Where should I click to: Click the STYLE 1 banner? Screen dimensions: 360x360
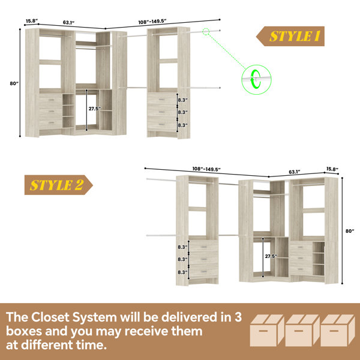pos(290,36)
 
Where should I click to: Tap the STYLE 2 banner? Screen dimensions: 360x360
pos(59,185)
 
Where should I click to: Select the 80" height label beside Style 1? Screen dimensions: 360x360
pos(14,83)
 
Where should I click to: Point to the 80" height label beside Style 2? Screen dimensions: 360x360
pos(350,231)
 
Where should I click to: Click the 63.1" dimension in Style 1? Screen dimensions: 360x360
pos(68,23)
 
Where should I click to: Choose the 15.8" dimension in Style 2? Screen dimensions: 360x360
pos(332,169)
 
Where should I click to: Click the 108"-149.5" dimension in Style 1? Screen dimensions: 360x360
pos(152,22)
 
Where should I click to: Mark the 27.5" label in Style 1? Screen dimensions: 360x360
pos(95,109)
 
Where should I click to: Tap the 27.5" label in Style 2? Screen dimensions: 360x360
pos(271,256)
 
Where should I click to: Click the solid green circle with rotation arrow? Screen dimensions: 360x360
pos(256,79)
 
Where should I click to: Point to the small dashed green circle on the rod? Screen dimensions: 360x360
pos(206,31)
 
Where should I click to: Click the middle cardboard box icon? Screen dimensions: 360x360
pos(302,330)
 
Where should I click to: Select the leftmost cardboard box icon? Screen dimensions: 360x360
pos(267,330)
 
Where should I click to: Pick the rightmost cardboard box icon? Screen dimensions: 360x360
pos(338,330)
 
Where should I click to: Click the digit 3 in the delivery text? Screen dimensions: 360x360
pos(238,317)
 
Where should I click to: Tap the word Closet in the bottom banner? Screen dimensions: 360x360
pos(50,317)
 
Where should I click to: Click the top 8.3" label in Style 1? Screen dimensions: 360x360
pos(183,100)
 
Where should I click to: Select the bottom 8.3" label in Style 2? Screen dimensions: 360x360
pos(183,272)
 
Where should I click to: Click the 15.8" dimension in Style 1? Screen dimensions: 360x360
pos(32,21)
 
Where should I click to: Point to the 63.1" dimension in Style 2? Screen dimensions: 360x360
pos(295,172)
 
